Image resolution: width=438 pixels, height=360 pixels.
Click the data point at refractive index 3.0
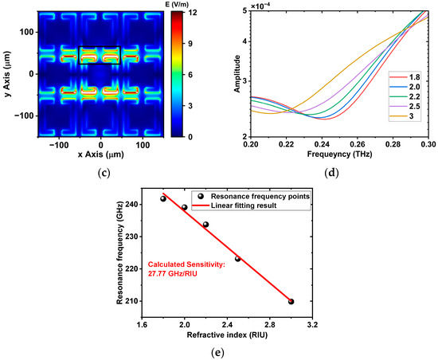point(291,302)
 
